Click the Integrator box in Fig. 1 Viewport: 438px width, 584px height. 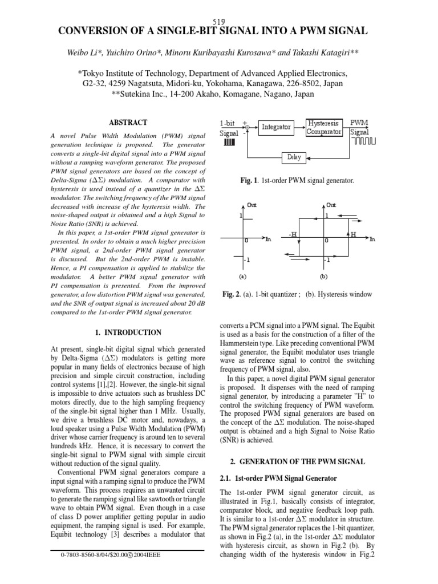[x=276, y=127]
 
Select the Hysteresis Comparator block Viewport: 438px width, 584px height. [x=323, y=127]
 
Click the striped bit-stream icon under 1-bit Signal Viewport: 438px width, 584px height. [x=229, y=143]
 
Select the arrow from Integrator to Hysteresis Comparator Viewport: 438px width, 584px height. [x=299, y=127]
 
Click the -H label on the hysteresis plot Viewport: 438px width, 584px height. [x=293, y=234]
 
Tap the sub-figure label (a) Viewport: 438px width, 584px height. [x=242, y=275]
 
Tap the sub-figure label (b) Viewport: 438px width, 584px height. [x=324, y=275]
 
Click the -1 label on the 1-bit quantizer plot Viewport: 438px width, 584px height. [x=246, y=259]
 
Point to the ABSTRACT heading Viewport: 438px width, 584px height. [x=128, y=123]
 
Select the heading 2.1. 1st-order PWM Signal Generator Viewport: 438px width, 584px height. [x=278, y=478]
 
